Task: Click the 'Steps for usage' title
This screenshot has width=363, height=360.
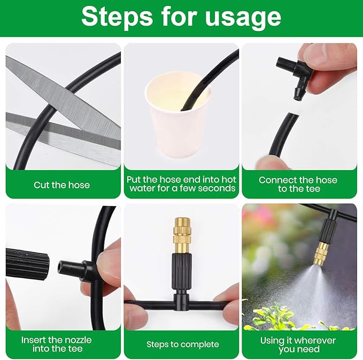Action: point(181,17)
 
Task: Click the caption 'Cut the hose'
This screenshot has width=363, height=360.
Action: point(61,185)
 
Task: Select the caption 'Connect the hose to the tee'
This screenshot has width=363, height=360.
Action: point(298,184)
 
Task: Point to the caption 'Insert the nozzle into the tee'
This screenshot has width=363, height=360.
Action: point(56,344)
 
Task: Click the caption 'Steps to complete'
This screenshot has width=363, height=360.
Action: point(182,344)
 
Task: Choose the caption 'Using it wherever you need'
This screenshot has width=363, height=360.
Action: point(298,344)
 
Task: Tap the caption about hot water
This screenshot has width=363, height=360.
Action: point(182,184)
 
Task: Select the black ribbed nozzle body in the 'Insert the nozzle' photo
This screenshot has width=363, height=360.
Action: point(27,263)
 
